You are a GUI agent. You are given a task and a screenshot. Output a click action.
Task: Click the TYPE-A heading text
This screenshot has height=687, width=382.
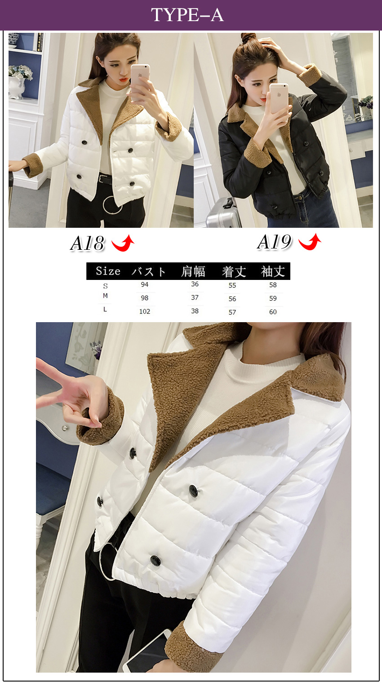click(187, 15)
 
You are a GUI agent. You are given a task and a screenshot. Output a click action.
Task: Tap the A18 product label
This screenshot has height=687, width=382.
click(88, 243)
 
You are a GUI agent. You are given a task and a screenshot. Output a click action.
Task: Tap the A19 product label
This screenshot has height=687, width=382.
click(274, 242)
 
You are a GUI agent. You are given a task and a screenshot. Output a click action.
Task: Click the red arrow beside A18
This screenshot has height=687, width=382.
click(123, 243)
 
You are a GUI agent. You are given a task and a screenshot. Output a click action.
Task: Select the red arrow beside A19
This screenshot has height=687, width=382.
click(310, 242)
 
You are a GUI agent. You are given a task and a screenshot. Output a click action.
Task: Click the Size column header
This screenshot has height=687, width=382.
click(108, 271)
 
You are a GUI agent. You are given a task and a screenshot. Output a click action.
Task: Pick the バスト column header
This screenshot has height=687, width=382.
click(149, 271)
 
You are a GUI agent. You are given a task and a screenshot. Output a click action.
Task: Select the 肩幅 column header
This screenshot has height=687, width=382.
click(193, 271)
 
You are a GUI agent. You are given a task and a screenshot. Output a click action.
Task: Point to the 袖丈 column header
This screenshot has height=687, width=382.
click(273, 271)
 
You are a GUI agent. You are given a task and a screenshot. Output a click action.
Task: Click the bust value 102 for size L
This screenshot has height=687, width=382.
click(145, 312)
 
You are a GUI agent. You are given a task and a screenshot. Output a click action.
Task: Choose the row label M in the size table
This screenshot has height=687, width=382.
click(105, 296)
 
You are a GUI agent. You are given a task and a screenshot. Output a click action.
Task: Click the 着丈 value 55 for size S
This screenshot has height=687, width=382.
click(232, 285)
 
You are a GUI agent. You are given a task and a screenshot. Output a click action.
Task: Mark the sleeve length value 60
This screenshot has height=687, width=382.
click(273, 312)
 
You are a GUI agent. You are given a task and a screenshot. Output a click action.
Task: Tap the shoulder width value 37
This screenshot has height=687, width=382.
click(195, 297)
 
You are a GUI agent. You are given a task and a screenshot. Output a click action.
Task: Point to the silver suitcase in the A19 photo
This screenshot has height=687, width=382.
click(222, 213)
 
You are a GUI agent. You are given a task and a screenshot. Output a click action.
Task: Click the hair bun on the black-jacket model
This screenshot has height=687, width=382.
click(248, 38)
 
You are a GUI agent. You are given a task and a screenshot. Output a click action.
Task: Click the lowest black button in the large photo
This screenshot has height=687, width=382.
click(155, 561)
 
